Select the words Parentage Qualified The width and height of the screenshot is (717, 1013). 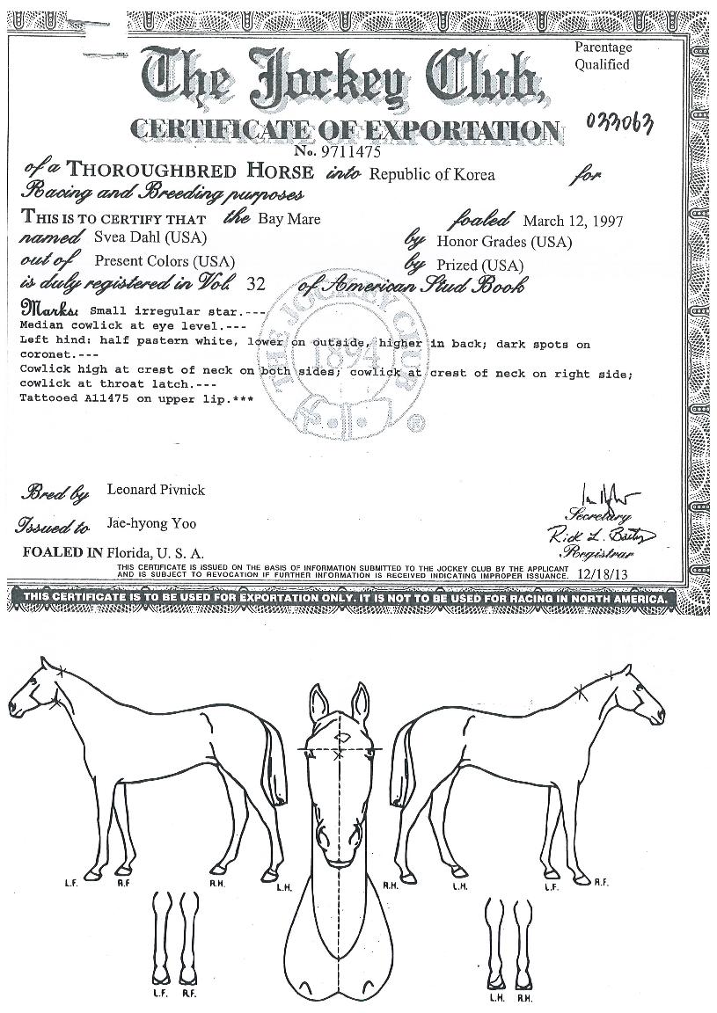pyautogui.click(x=603, y=55)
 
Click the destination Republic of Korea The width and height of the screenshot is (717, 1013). pyautogui.click(x=431, y=174)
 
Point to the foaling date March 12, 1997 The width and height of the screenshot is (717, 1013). pyautogui.click(x=572, y=221)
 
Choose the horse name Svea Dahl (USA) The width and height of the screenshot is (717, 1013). pyautogui.click(x=137, y=238)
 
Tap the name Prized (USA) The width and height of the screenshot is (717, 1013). pyautogui.click(x=479, y=265)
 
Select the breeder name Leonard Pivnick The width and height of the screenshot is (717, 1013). pyautogui.click(x=156, y=490)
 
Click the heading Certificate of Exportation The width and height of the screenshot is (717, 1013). pyautogui.click(x=343, y=129)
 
